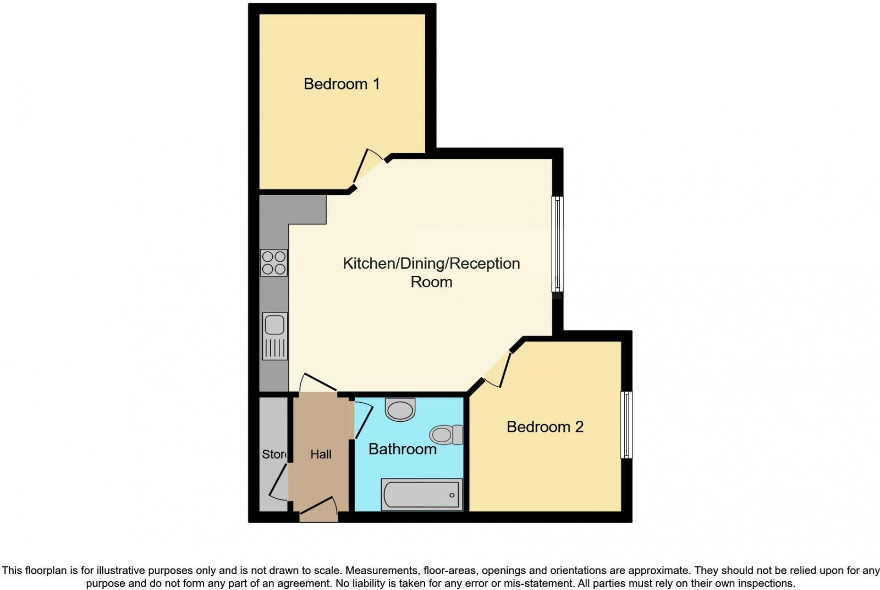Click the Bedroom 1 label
342,84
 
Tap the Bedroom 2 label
545,427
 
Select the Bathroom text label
402,449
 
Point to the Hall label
321,454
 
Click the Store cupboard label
274,454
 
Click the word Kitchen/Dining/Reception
431,264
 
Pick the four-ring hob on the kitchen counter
274,263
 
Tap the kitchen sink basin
274,325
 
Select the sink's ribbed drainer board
274,349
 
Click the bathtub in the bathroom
421,494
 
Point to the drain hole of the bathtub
452,495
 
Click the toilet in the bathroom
446,435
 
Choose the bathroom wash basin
400,409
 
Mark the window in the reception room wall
558,244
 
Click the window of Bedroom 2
626,425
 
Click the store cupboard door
278,482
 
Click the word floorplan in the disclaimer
43,570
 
